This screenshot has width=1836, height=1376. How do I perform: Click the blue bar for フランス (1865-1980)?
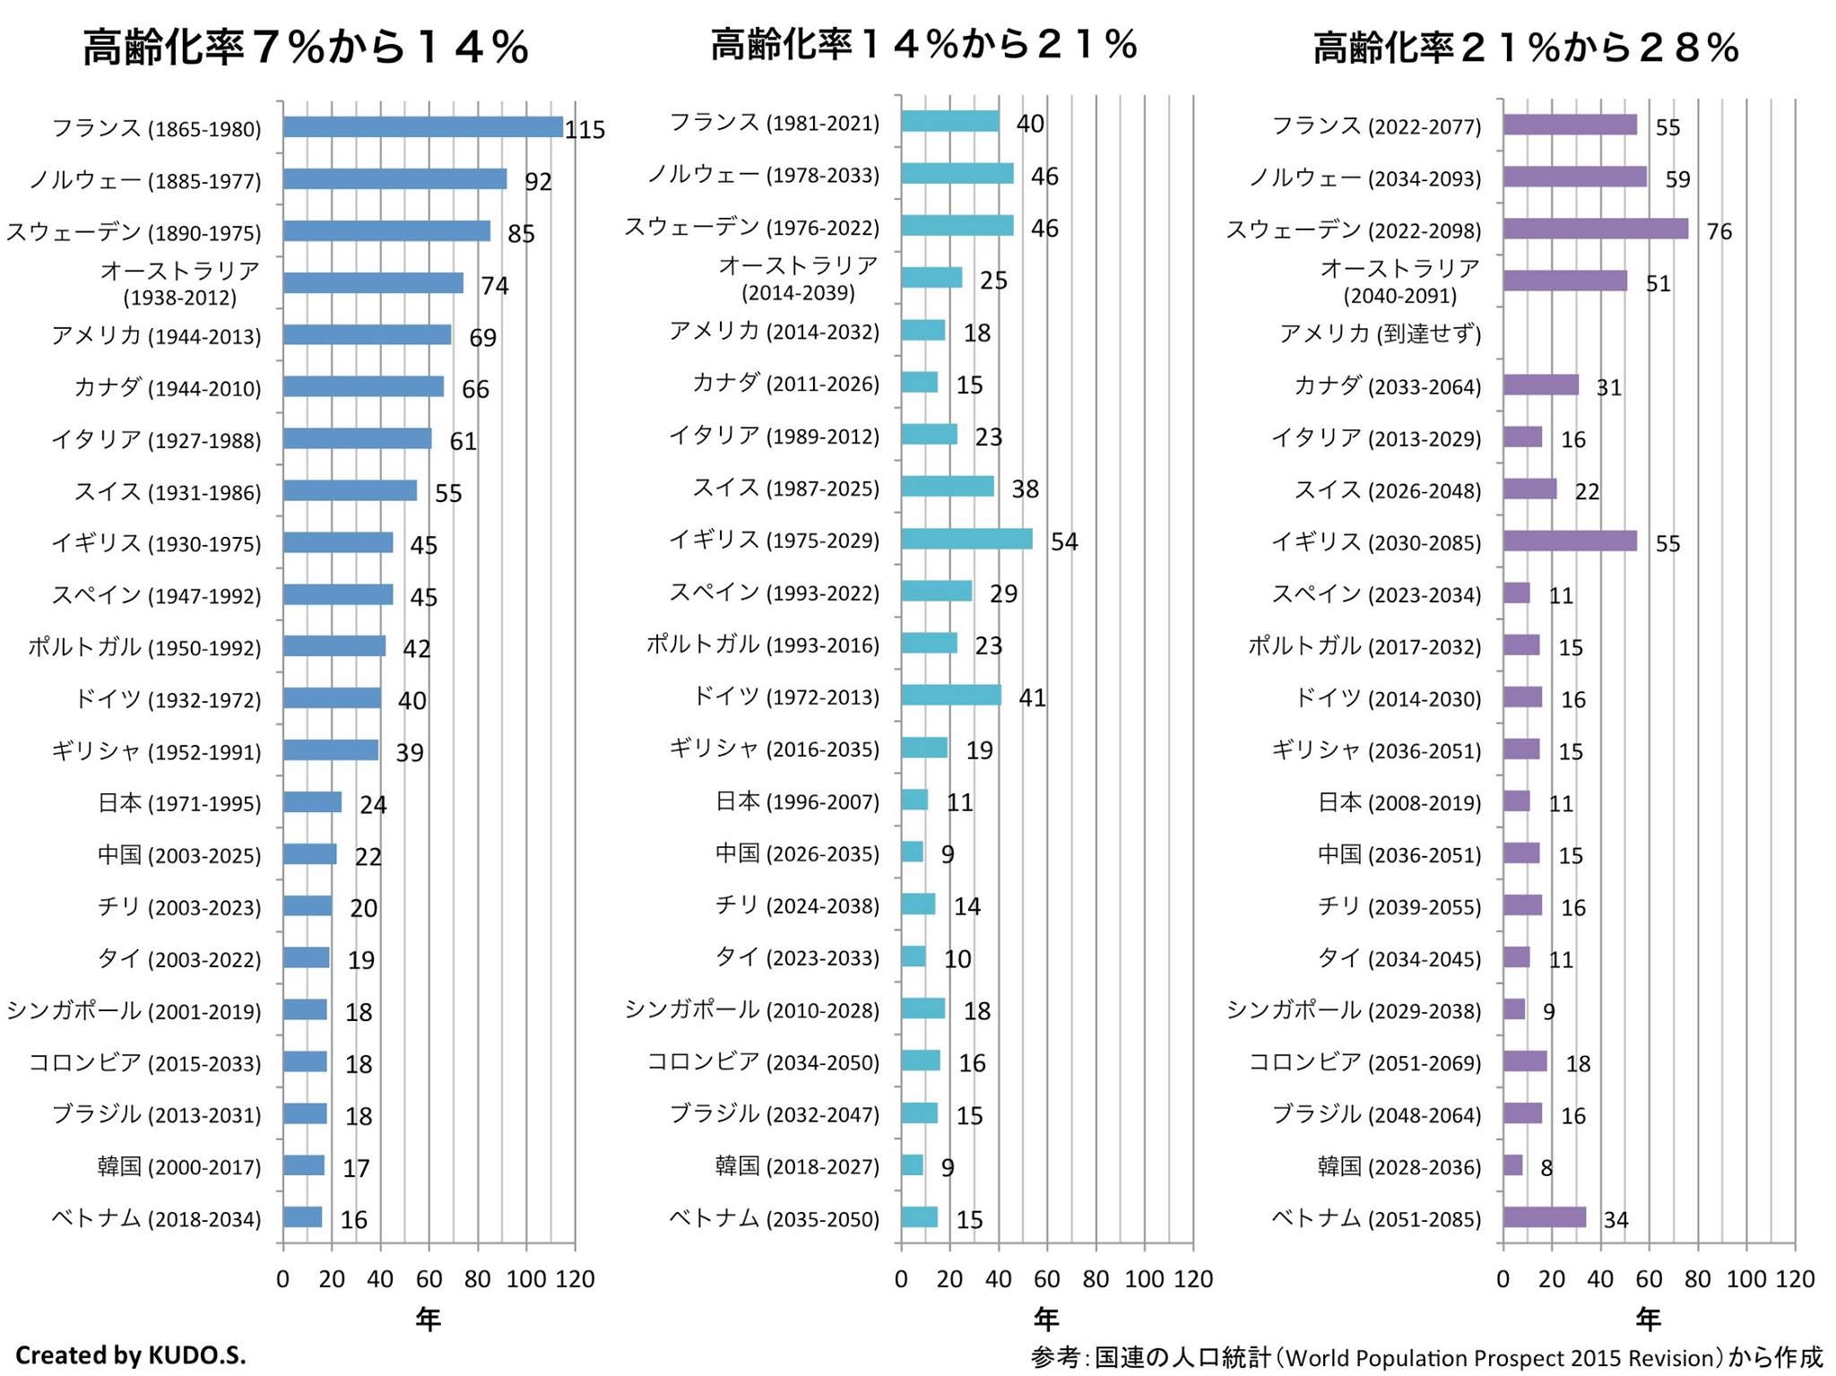(x=422, y=127)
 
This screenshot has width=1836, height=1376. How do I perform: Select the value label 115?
(x=585, y=130)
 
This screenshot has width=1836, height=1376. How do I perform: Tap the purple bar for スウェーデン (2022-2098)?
(x=1595, y=229)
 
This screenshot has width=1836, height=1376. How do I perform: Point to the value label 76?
(x=1719, y=231)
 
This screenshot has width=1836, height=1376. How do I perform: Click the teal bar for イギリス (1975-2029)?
(x=966, y=539)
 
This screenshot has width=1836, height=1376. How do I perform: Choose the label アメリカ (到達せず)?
(x=1380, y=333)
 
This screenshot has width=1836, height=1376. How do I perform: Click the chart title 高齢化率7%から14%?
(x=306, y=47)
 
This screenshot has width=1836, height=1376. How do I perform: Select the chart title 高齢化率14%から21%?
(x=924, y=44)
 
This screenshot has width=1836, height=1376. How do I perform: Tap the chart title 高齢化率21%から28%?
(x=1526, y=47)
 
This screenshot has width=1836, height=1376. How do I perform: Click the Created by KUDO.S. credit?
(x=131, y=1354)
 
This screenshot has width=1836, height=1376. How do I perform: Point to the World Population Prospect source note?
(x=1426, y=1357)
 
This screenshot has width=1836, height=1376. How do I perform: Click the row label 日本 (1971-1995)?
(x=179, y=803)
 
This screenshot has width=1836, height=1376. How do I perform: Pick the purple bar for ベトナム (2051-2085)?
(x=1544, y=1217)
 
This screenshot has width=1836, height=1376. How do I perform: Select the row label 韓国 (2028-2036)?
(x=1399, y=1166)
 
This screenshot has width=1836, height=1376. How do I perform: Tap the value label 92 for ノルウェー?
(x=538, y=181)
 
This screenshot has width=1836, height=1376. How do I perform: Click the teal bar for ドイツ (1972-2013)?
(x=951, y=696)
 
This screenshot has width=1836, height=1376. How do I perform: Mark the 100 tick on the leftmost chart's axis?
(x=525, y=1279)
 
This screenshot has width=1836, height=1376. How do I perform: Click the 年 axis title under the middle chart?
(x=1046, y=1319)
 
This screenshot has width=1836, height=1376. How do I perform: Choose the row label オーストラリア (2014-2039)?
(x=798, y=278)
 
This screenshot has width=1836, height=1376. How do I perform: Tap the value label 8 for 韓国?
(x=1546, y=1167)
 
